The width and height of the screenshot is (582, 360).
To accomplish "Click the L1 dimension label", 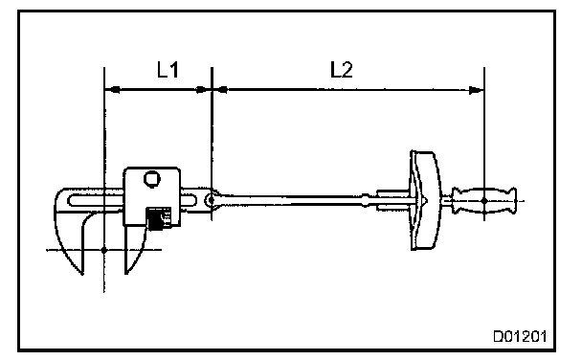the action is tap(168, 70).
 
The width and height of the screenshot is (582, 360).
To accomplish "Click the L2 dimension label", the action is tap(342, 70).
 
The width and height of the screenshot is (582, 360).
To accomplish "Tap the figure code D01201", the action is tap(520, 337).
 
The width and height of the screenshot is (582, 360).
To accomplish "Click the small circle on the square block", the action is tap(152, 179).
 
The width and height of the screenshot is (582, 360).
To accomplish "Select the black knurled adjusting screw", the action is tap(159, 218).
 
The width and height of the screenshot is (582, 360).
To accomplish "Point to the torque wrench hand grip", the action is tap(483, 201).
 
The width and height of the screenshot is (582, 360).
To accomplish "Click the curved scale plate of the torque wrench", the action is tap(425, 200).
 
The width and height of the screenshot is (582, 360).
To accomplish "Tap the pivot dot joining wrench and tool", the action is tap(212, 200).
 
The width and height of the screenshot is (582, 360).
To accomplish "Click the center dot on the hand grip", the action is tap(484, 201).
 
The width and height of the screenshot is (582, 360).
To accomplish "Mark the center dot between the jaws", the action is tap(104, 250).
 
